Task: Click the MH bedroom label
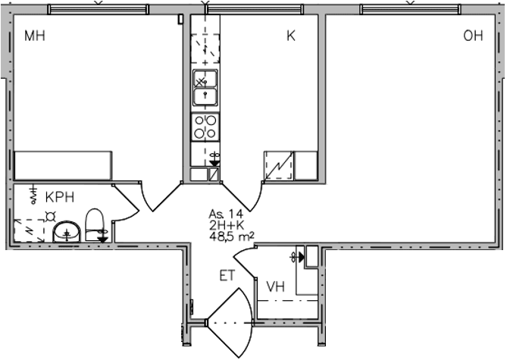[x=35, y=36]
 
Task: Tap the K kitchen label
[x=291, y=36]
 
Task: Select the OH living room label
[x=473, y=36]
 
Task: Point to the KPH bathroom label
[x=60, y=197]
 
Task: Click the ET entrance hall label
[x=227, y=276]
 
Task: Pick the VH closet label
[x=276, y=286]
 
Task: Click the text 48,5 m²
[x=231, y=236]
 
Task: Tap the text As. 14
[x=226, y=214]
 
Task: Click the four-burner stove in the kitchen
[x=205, y=127]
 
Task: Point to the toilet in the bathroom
[x=94, y=225]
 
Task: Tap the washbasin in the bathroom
[x=67, y=232]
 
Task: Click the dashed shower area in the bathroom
[x=29, y=230]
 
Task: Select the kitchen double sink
[x=205, y=88]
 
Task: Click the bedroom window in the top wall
[x=99, y=9]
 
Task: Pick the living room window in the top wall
[x=410, y=9]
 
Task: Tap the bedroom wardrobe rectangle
[x=63, y=165]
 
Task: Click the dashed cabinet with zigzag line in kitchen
[x=279, y=165]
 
